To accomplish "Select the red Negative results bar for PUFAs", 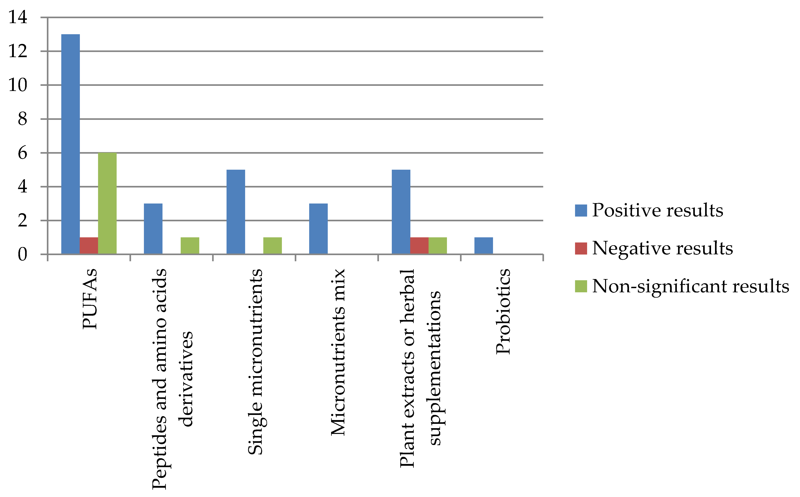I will pyautogui.click(x=89, y=246).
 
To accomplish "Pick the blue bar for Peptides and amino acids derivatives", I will pyautogui.click(x=153, y=229).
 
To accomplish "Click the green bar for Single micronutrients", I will pyautogui.click(x=273, y=246).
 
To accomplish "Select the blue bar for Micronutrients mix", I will pyautogui.click(x=318, y=229).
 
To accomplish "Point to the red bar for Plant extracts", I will pyautogui.click(x=419, y=246).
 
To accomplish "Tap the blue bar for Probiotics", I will pyautogui.click(x=484, y=246).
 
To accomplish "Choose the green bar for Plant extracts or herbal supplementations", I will pyautogui.click(x=438, y=246).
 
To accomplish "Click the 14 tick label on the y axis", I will pyautogui.click(x=18, y=17).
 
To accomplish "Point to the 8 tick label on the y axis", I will pyautogui.click(x=22, y=119).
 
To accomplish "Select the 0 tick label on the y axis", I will pyautogui.click(x=22, y=254).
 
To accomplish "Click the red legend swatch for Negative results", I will pyautogui.click(x=581, y=248).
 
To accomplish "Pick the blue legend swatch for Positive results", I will pyautogui.click(x=581, y=210).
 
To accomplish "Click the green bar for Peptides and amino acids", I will pyautogui.click(x=190, y=246).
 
